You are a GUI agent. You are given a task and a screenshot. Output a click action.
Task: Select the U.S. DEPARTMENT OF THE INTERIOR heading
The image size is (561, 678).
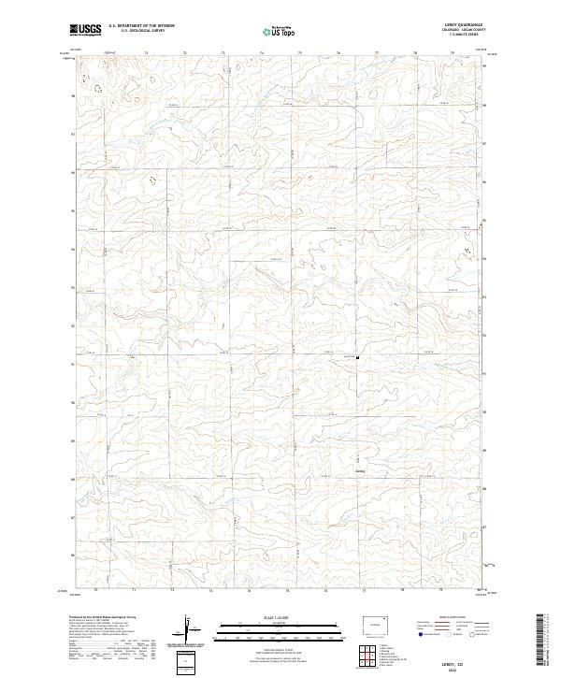pos(142,26)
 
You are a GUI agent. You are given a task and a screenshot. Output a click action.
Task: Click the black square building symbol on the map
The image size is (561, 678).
pos(357,356)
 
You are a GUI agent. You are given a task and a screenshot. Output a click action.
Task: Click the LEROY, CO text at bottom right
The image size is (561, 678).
pos(459,659)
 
